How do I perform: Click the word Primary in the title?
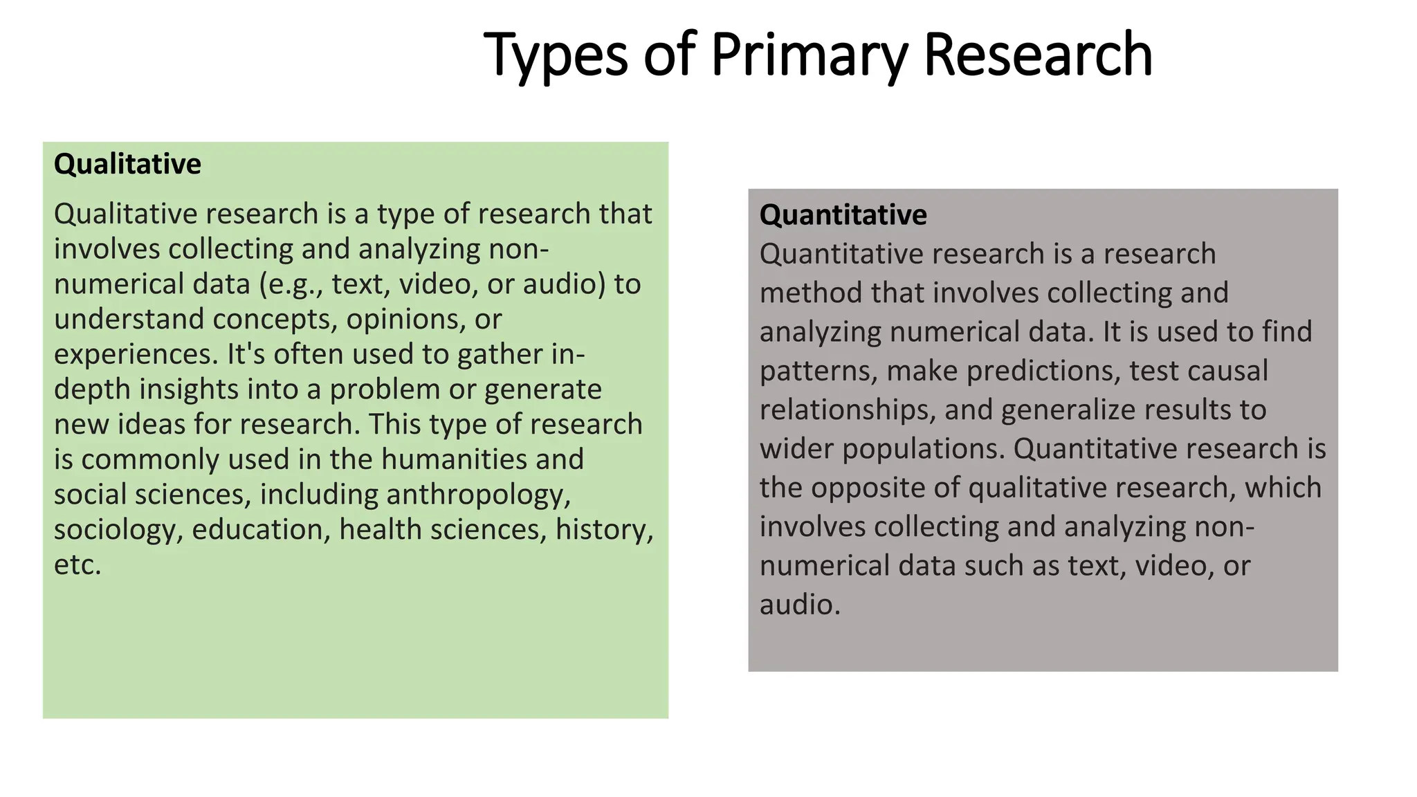(x=808, y=55)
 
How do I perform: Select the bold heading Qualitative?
(x=127, y=165)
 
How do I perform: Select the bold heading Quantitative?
(x=843, y=215)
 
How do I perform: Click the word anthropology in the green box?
(x=478, y=495)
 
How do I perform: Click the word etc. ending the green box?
(x=77, y=565)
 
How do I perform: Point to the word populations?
(x=922, y=450)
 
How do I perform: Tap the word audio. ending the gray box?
(x=800, y=605)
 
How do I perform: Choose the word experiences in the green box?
(x=136, y=355)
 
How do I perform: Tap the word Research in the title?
(x=1038, y=55)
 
